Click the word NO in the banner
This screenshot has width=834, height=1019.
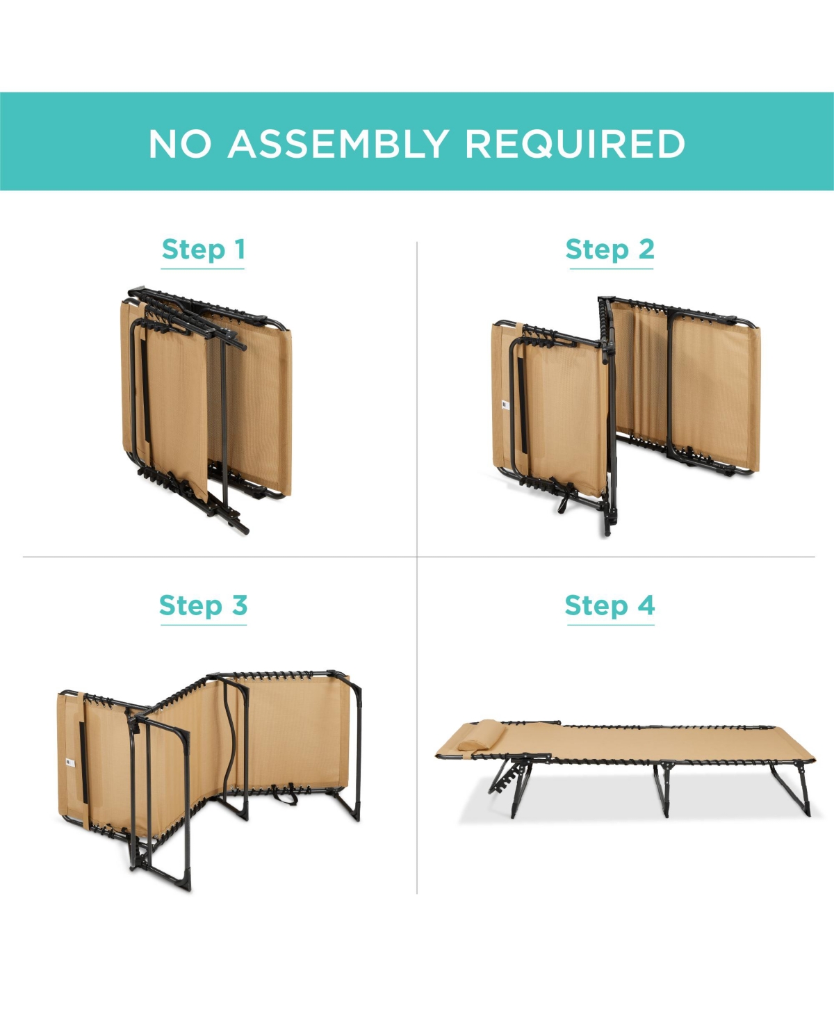(180, 143)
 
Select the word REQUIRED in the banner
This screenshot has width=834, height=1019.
(575, 143)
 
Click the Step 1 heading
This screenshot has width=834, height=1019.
(204, 250)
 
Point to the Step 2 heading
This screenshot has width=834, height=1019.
(610, 250)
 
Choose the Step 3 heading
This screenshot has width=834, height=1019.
(204, 605)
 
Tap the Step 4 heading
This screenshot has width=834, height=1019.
(610, 605)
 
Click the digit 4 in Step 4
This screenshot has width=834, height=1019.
(646, 605)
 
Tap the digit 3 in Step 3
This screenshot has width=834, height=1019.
(239, 605)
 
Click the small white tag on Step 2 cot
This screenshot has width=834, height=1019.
(505, 405)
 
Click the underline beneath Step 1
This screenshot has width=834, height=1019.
(203, 268)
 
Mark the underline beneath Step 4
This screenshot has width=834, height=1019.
(611, 625)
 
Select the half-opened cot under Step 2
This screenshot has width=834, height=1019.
(625, 416)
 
